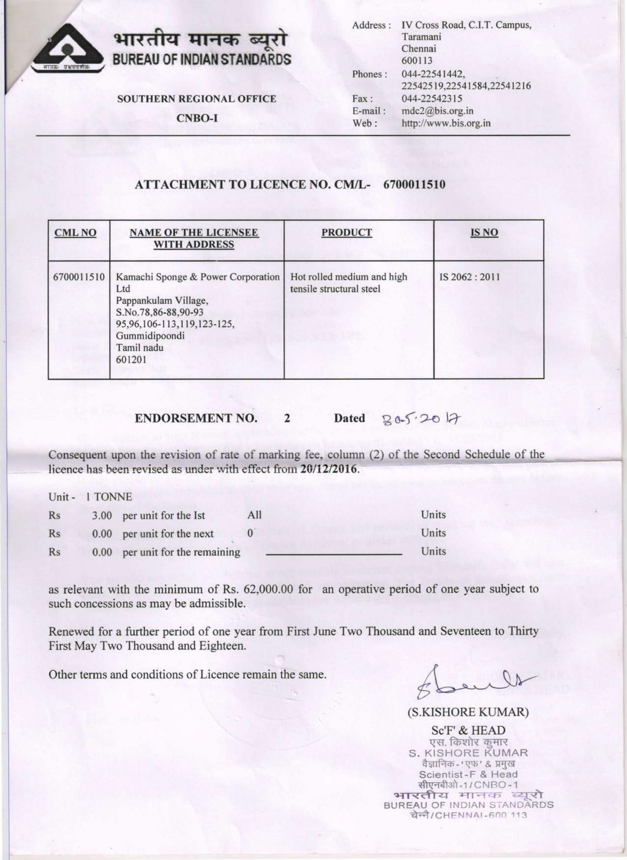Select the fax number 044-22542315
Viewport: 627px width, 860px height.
pyautogui.click(x=432, y=99)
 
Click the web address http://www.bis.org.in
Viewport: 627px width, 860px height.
pyautogui.click(x=446, y=123)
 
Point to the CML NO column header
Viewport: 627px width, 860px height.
pyautogui.click(x=75, y=233)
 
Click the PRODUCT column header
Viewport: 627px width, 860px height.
pyautogui.click(x=347, y=233)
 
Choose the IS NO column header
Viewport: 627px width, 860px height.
pyautogui.click(x=484, y=233)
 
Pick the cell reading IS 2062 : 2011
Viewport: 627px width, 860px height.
pyautogui.click(x=470, y=277)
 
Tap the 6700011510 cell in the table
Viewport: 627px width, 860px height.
pyautogui.click(x=79, y=277)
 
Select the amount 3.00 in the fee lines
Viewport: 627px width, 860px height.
pyautogui.click(x=102, y=516)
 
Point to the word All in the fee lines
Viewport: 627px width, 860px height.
pyautogui.click(x=254, y=515)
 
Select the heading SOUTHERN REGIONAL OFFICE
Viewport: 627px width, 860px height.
pyautogui.click(x=197, y=99)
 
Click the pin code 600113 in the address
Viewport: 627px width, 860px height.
pyautogui.click(x=417, y=61)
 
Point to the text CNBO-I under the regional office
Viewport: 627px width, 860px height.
pyautogui.click(x=197, y=118)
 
